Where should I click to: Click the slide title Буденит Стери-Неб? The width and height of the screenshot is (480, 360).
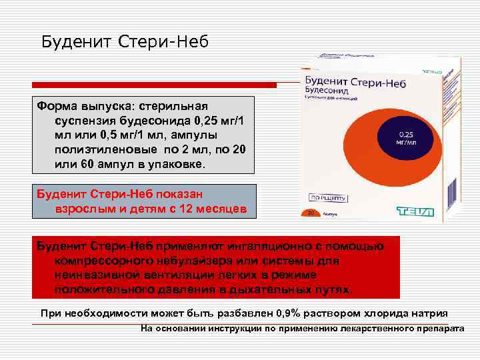(125, 42)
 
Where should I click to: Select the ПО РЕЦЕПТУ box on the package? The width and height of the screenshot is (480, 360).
(327, 198)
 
